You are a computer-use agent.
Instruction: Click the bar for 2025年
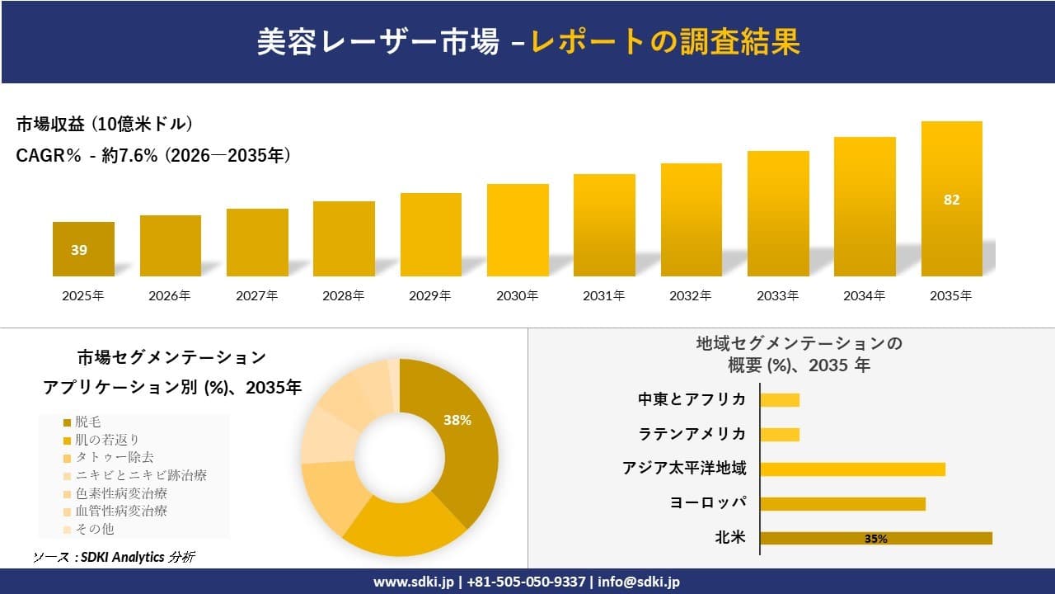coord(83,249)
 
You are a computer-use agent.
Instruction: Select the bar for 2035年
coord(951,199)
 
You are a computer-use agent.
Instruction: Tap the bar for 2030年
coord(518,230)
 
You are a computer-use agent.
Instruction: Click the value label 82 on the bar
coord(951,200)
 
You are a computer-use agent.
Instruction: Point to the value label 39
coord(79,250)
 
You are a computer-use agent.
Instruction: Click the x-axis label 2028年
coord(344,295)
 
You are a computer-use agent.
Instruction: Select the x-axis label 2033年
coord(777,295)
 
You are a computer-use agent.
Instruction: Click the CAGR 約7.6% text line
coord(153,155)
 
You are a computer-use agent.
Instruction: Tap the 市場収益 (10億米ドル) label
coord(105,125)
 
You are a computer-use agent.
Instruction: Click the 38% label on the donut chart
coord(457,420)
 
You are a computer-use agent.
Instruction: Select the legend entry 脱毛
coord(88,422)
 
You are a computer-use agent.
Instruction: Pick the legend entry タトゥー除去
coord(114,457)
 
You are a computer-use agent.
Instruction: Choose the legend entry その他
coord(94,529)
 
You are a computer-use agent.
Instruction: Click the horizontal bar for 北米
coord(875,538)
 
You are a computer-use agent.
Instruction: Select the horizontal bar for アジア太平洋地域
coord(852,469)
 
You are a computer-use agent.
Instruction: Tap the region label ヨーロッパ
coord(709,503)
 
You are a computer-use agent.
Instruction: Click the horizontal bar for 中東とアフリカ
coord(780,400)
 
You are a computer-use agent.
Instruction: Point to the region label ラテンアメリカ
coord(692,434)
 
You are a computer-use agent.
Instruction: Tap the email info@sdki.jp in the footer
coord(638,582)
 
